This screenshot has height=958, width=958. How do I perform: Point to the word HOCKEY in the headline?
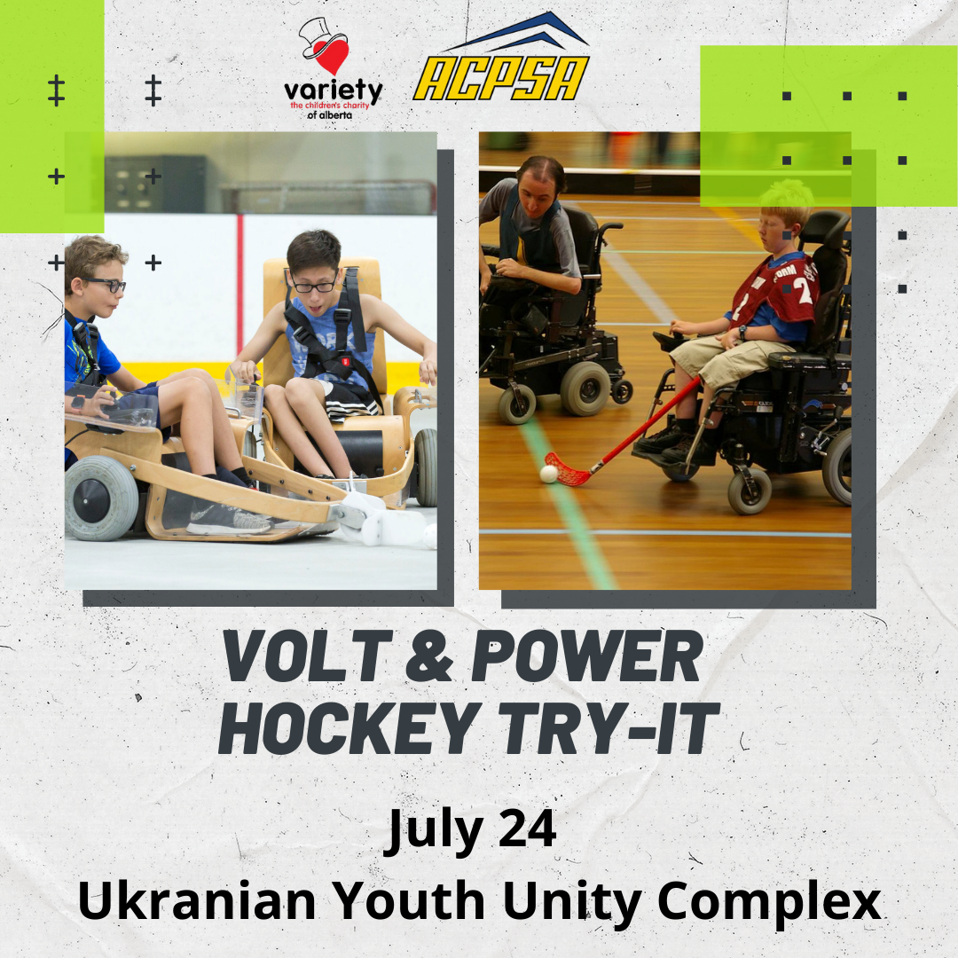coord(345,730)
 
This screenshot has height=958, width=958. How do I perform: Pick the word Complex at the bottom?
coord(769,903)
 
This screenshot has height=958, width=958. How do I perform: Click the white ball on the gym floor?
coord(549,474)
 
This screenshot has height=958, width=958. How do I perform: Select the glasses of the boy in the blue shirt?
coord(107,285)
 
